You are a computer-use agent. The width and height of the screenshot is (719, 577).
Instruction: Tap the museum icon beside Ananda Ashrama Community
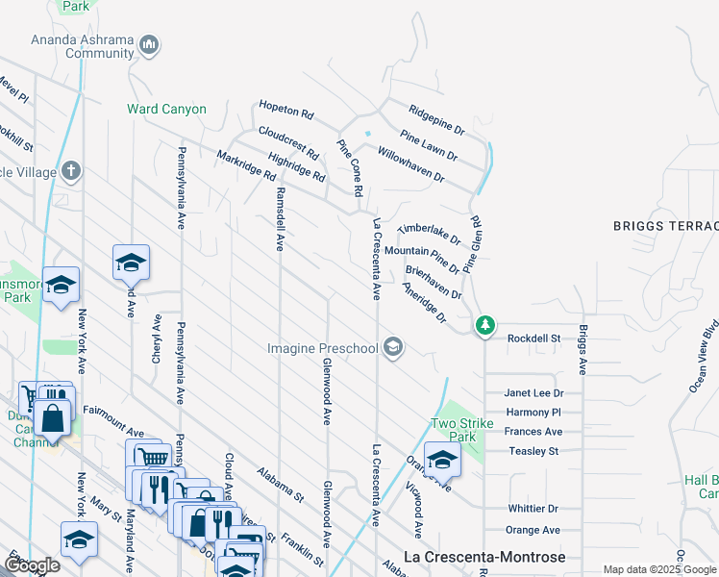(x=149, y=44)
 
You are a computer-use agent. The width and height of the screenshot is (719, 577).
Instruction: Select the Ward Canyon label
(x=166, y=109)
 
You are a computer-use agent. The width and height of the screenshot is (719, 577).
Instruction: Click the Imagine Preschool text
(x=322, y=346)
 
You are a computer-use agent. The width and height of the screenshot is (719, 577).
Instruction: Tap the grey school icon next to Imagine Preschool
(x=392, y=346)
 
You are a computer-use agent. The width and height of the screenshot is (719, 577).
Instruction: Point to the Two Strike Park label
(x=454, y=430)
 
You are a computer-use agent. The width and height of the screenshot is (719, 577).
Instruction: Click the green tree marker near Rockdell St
(x=486, y=325)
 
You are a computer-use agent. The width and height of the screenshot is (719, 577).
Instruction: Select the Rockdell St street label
(x=533, y=339)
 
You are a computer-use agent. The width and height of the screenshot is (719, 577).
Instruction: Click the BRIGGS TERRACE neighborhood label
(x=665, y=226)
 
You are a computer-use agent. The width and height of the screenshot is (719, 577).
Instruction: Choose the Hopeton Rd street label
(x=285, y=110)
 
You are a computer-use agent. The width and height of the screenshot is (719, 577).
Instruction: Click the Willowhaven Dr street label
(x=410, y=164)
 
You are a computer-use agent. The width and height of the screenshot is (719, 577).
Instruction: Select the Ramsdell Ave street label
(x=280, y=218)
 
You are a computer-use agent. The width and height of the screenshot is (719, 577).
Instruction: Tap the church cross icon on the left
(x=69, y=172)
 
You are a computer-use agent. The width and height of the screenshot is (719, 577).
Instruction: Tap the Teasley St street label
(x=533, y=451)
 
